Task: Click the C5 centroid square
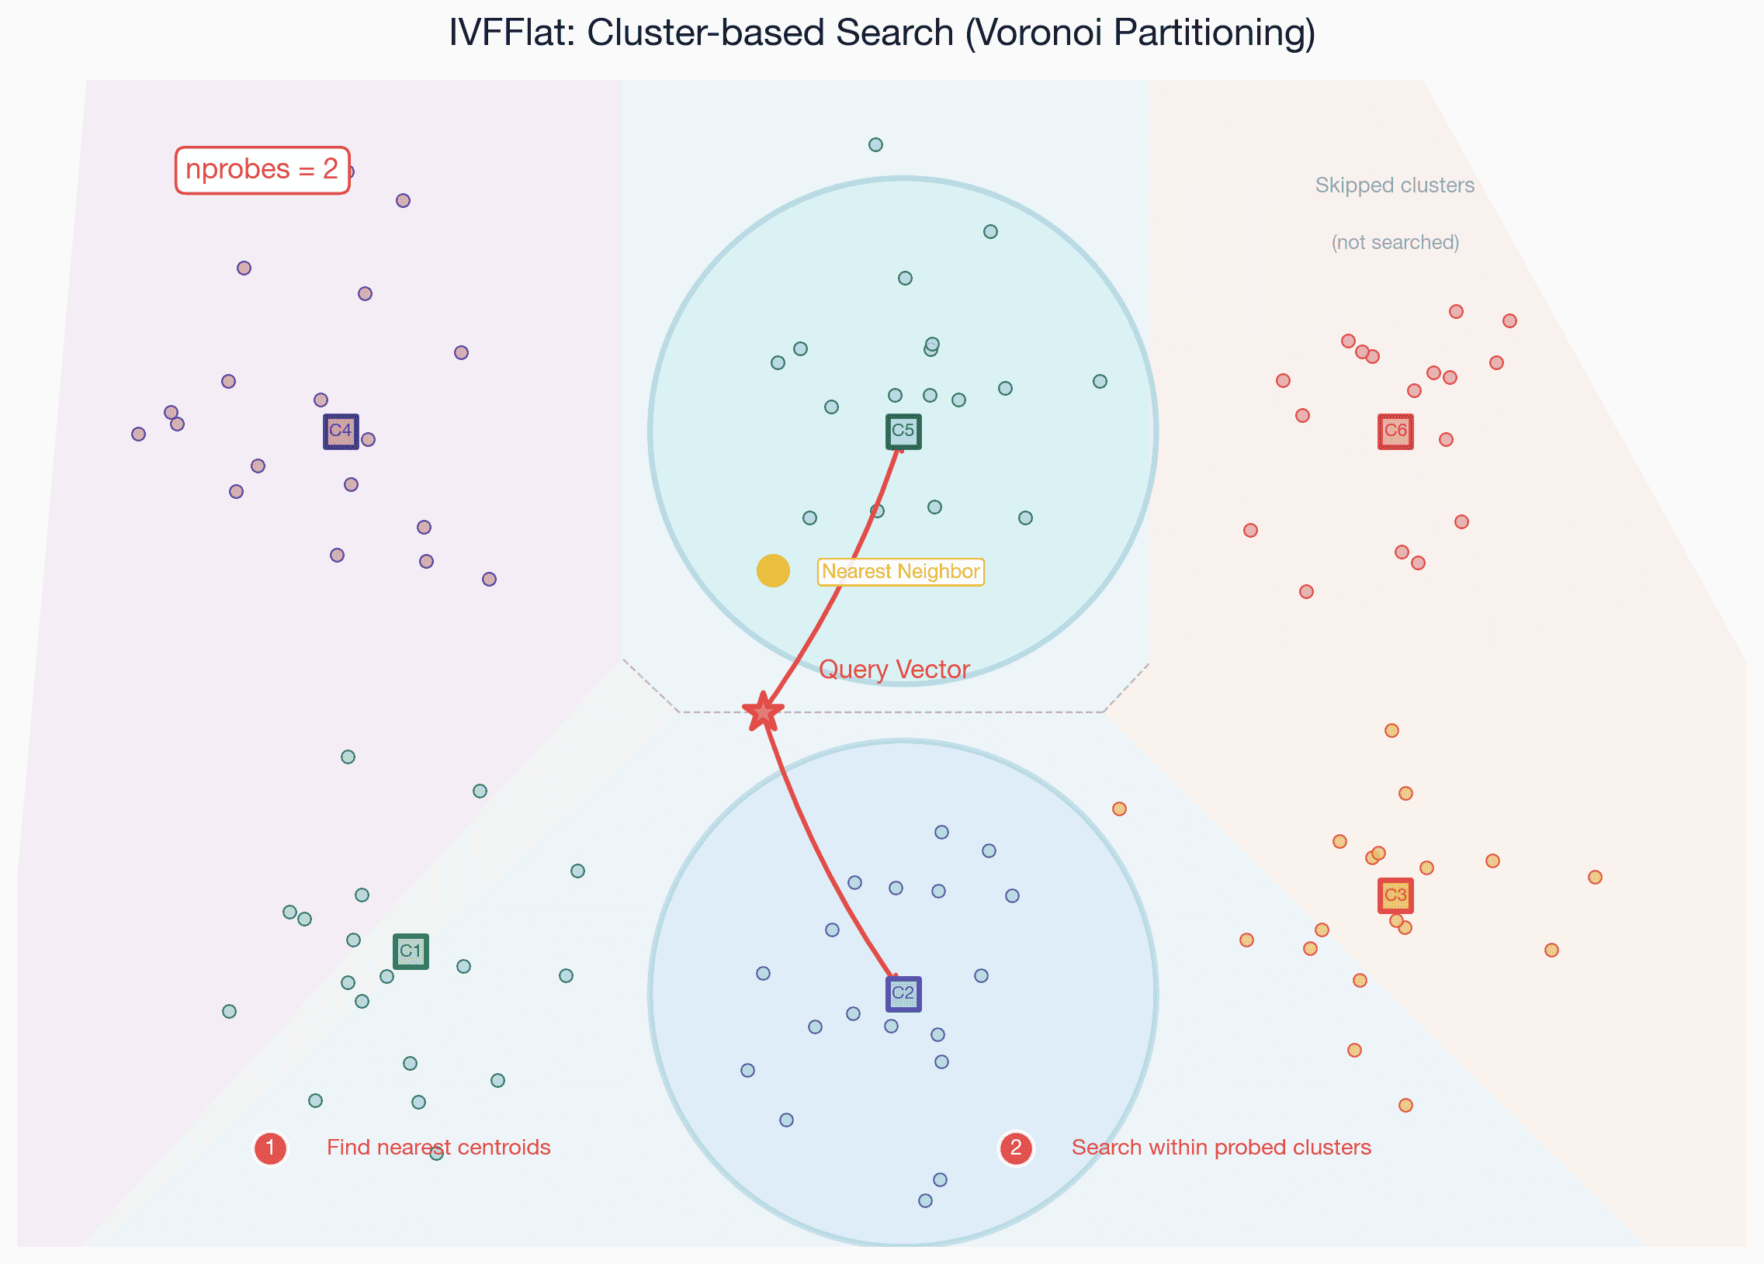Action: (903, 431)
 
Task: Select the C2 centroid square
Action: (903, 994)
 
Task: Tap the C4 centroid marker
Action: (341, 431)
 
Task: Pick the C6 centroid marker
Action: (1395, 431)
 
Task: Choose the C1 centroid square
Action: (411, 951)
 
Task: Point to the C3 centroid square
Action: (1395, 895)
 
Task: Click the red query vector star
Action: (763, 712)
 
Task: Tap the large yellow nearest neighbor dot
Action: (773, 571)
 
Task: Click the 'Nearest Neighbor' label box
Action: (901, 572)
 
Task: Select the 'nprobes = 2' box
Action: (262, 170)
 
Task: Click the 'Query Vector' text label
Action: (894, 670)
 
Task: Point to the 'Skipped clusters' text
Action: (1395, 185)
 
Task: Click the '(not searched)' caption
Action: (1395, 243)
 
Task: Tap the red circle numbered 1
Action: (270, 1148)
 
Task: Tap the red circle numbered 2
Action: (1015, 1148)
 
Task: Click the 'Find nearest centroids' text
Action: (438, 1148)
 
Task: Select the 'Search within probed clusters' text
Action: (1221, 1148)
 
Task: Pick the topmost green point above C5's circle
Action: (875, 144)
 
